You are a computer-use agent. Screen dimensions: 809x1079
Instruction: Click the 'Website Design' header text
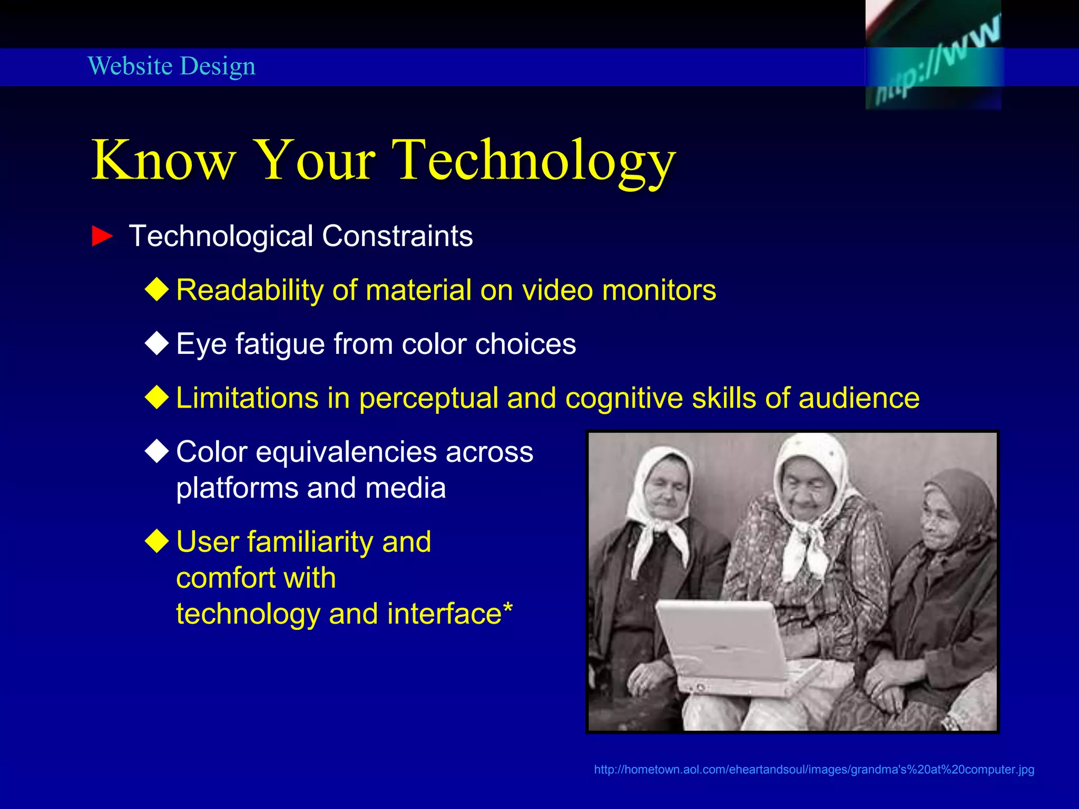[x=172, y=66]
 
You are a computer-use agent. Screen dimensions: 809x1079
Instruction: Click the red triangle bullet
[x=102, y=236]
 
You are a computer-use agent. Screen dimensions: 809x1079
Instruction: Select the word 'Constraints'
[x=397, y=236]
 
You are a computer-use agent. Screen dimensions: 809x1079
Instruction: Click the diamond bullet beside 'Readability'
[x=157, y=290]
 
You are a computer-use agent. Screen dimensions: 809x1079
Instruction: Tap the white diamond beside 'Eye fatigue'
[x=157, y=343]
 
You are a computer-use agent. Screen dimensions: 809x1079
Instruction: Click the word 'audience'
[x=859, y=398]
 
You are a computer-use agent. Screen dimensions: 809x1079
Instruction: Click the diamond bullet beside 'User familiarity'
[x=157, y=541]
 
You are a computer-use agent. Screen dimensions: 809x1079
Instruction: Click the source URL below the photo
[x=814, y=769]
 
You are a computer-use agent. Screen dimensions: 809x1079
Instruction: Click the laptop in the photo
[x=727, y=648]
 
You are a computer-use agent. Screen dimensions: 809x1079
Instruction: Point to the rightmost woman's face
[x=940, y=521]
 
